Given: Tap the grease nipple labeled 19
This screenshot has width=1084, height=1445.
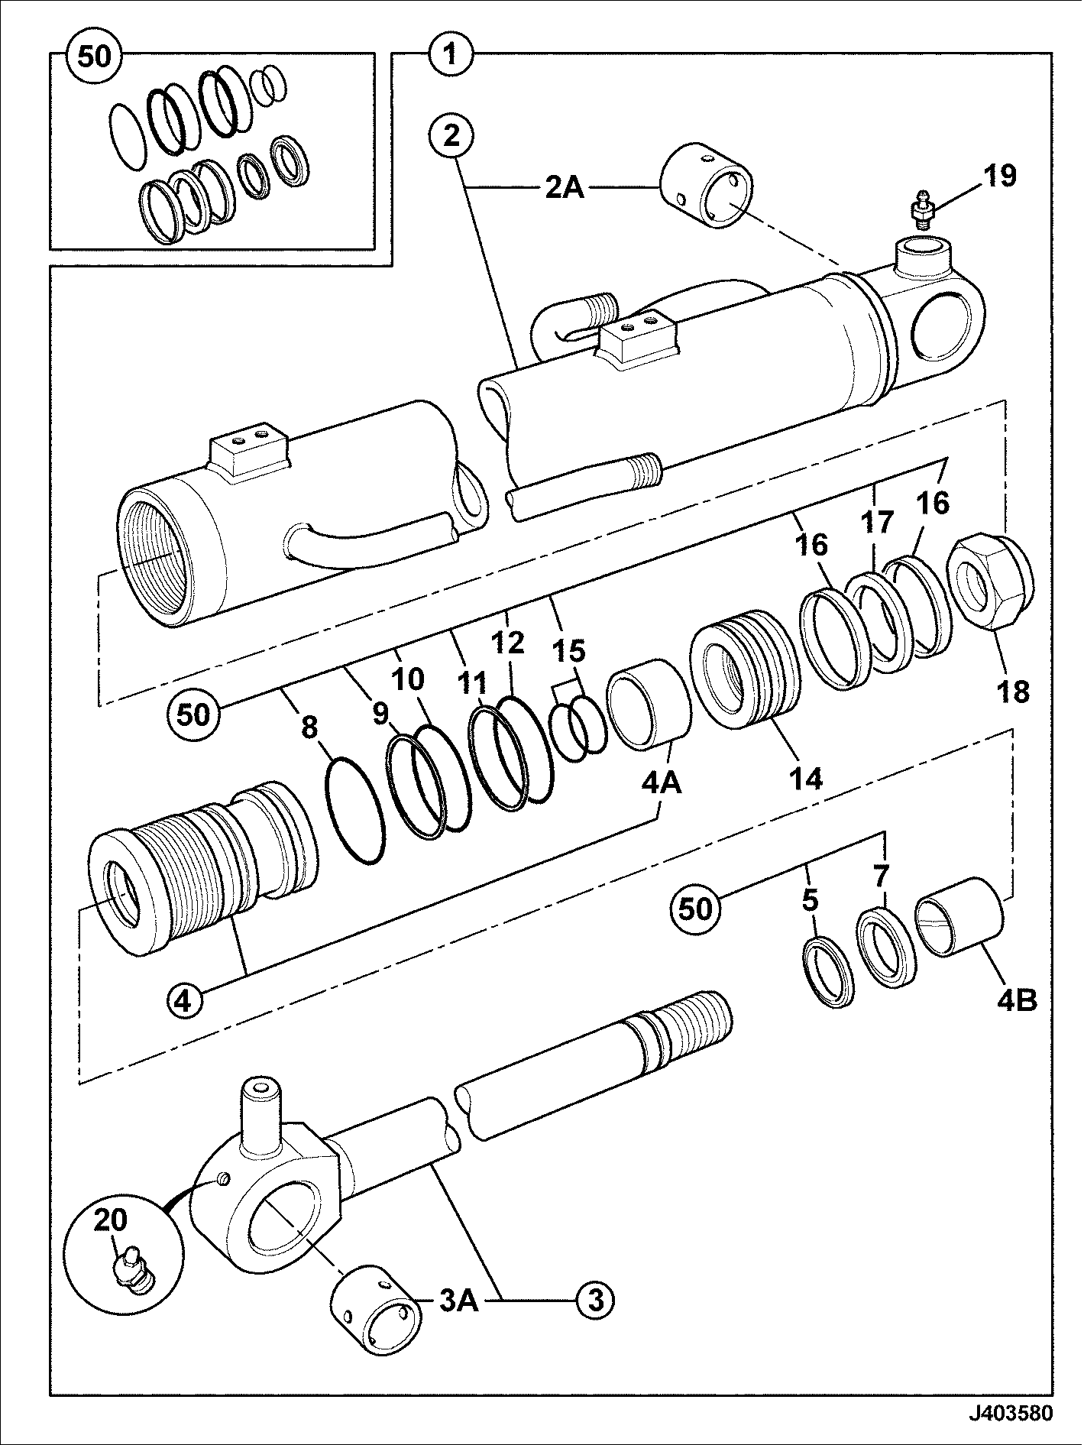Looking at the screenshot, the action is click(x=921, y=209).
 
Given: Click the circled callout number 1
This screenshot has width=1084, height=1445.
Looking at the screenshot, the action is click(x=451, y=53).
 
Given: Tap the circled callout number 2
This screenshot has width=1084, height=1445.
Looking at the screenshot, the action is click(x=452, y=138).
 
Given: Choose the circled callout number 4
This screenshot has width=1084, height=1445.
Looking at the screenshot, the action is click(x=183, y=1000).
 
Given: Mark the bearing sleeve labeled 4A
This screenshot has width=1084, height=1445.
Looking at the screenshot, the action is click(x=649, y=704).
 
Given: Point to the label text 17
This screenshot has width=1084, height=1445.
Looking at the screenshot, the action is click(x=879, y=523).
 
